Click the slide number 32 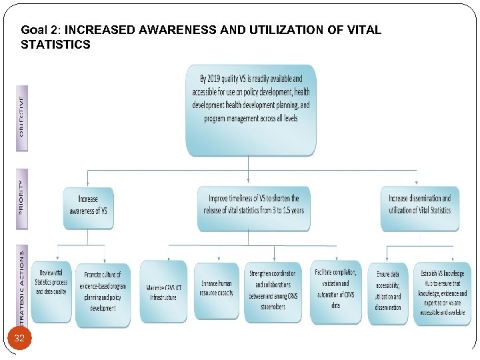19,339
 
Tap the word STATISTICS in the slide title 56,45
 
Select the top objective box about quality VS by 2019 250,107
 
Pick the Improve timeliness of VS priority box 253,205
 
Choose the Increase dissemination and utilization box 419,205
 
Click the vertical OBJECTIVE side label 21,116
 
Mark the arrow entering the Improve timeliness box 249,179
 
